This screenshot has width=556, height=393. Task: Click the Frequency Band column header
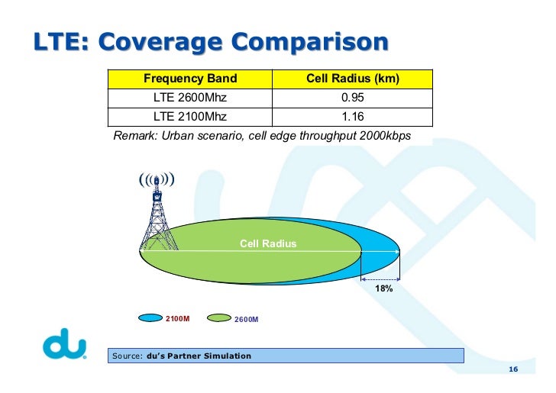pos(190,79)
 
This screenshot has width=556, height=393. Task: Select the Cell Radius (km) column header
pos(353,79)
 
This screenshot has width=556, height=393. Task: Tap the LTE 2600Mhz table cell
pos(190,98)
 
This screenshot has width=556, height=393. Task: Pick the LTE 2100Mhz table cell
pos(190,117)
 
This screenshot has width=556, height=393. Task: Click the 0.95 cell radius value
pos(353,98)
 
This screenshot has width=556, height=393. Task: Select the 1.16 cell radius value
pos(353,117)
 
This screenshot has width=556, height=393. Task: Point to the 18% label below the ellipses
pos(383,289)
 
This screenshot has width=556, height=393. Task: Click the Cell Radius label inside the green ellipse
pos(268,244)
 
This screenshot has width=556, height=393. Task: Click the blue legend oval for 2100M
pos(150,318)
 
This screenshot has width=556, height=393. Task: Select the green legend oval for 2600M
pos(218,318)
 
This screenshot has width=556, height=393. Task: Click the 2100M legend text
pos(177,318)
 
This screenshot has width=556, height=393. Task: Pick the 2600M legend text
pos(246,319)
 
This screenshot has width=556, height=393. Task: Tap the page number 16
pos(512,370)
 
